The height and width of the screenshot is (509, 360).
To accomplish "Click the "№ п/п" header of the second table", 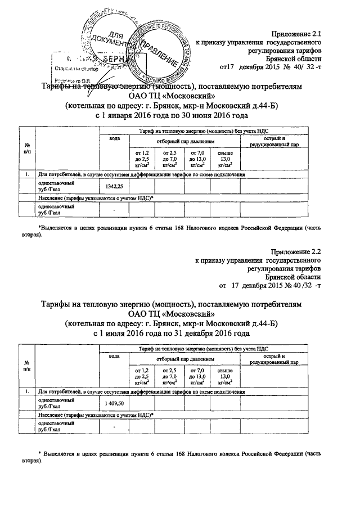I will tap(27, 366).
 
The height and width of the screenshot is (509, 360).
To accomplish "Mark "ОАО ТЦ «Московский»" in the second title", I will tap(172, 314).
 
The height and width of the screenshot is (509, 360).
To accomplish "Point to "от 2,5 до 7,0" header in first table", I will tap(169, 159).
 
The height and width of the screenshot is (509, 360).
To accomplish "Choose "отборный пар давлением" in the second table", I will tap(183, 358).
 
